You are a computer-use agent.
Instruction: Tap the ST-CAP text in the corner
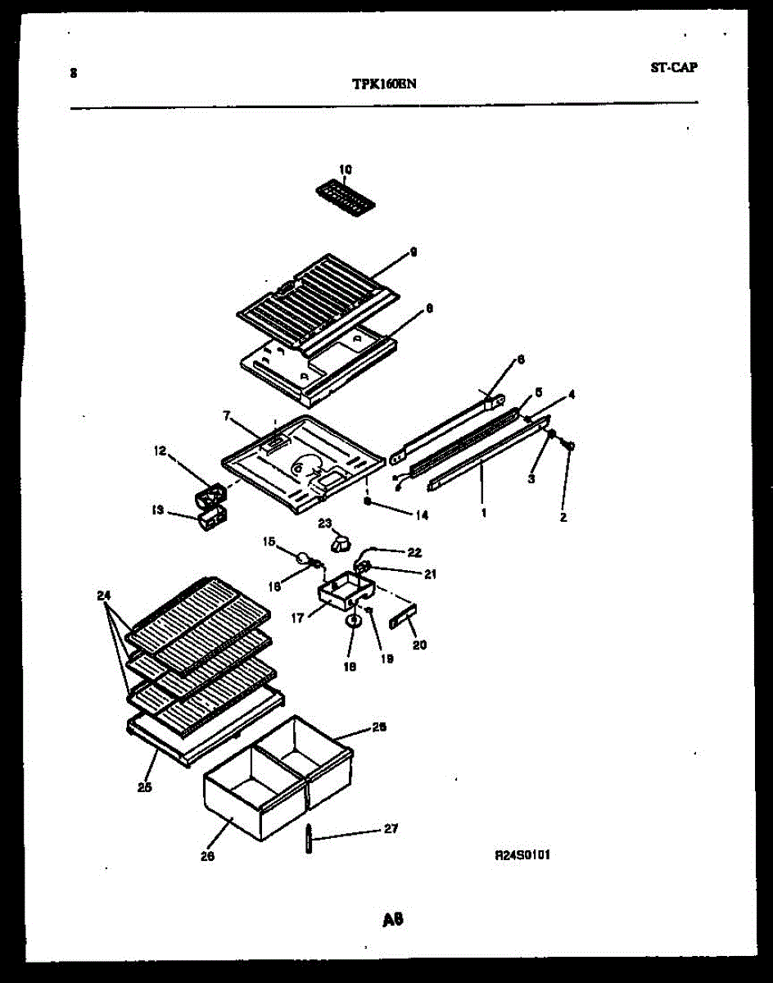[674, 68]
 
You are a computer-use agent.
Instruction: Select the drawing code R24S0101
[522, 854]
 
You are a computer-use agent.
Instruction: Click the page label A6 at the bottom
[393, 919]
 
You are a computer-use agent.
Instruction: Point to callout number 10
[345, 170]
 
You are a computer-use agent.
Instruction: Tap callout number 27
[391, 829]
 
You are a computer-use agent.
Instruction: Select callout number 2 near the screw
[564, 517]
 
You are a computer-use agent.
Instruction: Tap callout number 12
[160, 451]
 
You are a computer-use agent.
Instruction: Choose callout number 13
[158, 510]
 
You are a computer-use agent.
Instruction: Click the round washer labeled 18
[353, 621]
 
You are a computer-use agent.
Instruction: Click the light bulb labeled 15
[305, 559]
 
